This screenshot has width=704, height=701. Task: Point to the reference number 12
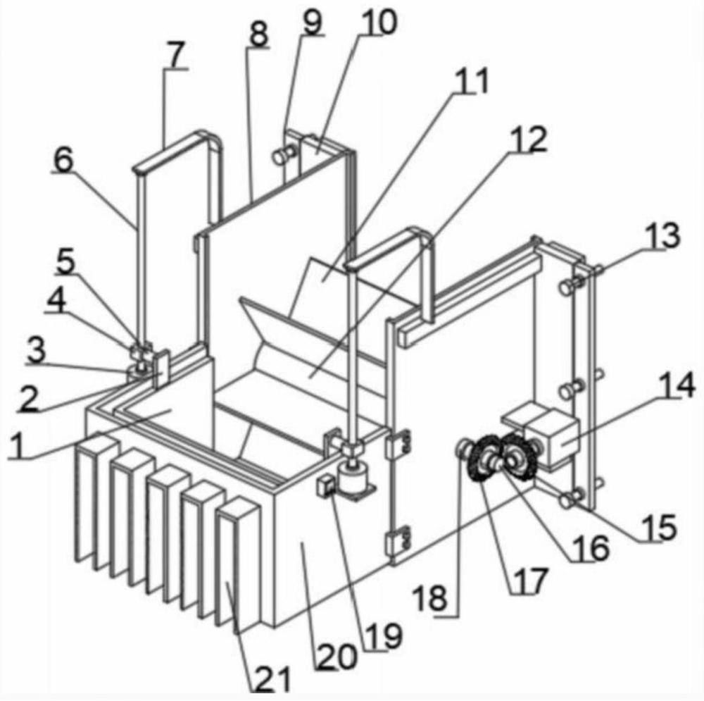point(530,140)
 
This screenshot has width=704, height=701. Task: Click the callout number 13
point(663,236)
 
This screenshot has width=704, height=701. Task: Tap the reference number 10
point(379,23)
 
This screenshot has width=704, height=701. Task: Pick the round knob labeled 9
point(282,156)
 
